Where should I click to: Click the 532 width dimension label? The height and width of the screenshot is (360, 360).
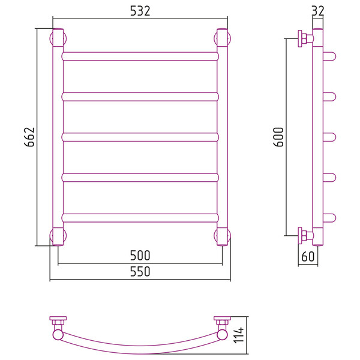pos(140,11)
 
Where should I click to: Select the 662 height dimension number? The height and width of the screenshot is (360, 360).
pos(29,137)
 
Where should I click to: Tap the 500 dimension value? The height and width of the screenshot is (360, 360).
pos(140,256)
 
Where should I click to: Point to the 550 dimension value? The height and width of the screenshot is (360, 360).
pos(140,271)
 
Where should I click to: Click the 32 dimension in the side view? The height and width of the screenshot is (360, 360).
pos(318,11)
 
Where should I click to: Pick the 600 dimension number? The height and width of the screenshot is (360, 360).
pos(279,137)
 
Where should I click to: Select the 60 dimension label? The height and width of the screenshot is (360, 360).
pos(308,256)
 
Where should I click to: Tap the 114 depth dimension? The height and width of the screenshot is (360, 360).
pos(239,335)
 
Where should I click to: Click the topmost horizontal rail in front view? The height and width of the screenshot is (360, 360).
pos(140,56)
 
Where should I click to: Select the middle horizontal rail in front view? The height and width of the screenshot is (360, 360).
pos(140,137)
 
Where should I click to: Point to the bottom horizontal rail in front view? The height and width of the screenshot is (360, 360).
pos(140,218)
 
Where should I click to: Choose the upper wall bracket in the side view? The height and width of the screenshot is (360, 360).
pos(305,38)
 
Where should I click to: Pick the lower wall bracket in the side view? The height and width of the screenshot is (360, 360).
pos(305,236)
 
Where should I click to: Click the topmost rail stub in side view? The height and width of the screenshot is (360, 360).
pos(329,56)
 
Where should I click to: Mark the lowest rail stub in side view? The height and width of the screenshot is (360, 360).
pos(329,218)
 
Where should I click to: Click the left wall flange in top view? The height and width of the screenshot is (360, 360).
pos(58,318)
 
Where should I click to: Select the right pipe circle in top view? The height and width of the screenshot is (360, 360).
pos(222,335)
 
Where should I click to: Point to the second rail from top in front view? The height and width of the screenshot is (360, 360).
pos(140,97)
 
